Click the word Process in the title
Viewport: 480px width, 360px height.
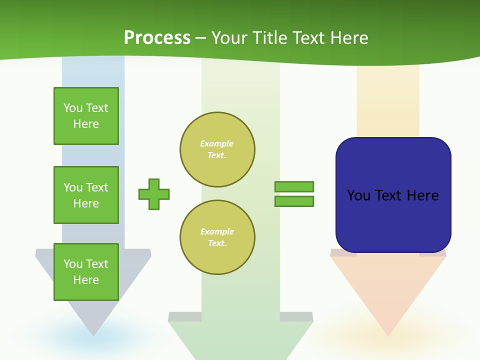pos(157,38)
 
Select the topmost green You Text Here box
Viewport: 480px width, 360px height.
pos(86,116)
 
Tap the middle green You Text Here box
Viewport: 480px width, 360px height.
pos(86,195)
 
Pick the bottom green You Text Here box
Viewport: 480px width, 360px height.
pos(86,271)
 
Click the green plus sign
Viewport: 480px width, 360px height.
pos(154,194)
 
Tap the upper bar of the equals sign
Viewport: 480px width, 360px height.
pos(294,186)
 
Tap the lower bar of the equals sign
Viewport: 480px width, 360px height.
pos(294,201)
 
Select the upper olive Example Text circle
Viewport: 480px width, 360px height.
pos(217,149)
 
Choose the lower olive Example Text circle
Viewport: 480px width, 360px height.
pos(217,237)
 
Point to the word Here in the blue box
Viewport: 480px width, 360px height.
pos(422,195)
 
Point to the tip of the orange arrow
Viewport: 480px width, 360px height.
pos(388,334)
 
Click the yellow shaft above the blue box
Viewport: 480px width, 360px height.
pos(388,100)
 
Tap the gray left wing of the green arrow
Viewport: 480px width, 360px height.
pos(185,316)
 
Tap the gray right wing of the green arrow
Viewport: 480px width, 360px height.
pos(296,316)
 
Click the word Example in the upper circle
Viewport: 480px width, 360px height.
pos(217,143)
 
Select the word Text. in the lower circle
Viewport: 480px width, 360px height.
pos(217,243)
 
